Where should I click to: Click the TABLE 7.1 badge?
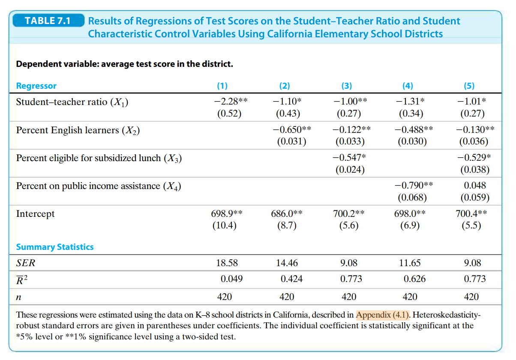48,21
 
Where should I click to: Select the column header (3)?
346,86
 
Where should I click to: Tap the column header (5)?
469,86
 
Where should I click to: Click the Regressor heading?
36,86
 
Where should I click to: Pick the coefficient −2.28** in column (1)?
231,101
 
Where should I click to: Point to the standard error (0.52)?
229,113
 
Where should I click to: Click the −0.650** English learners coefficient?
292,129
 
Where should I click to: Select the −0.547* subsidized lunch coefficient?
349,157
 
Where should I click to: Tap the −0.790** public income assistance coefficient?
414,185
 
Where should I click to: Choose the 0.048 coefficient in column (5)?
475,186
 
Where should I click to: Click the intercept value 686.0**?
287,213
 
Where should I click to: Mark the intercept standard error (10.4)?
225,225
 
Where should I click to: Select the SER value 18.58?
227,263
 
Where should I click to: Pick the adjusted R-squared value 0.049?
231,279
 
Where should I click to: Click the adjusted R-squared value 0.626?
415,279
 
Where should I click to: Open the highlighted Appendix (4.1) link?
382,315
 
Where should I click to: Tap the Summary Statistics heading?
55,247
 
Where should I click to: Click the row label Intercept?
35,214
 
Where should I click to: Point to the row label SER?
26,263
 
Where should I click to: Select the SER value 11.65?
410,263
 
